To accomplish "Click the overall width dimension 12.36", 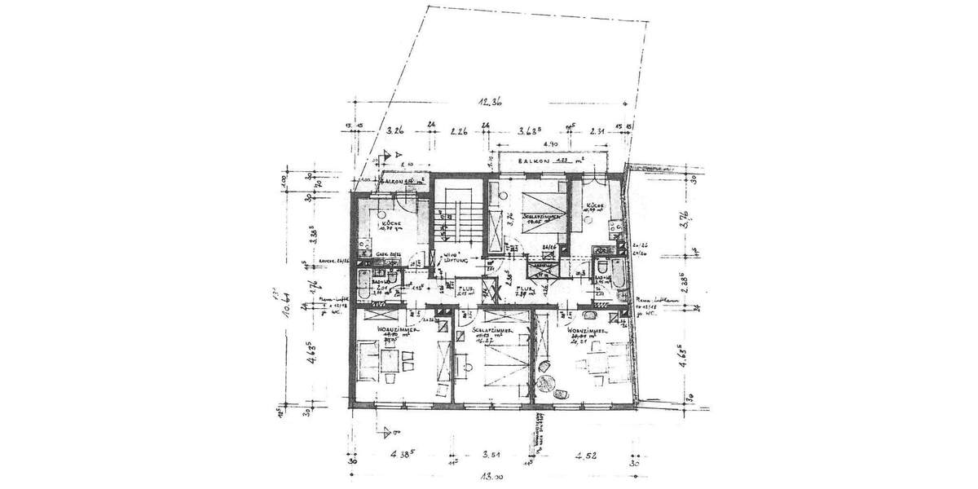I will click(x=491, y=102).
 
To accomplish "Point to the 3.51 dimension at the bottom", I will click(x=491, y=456).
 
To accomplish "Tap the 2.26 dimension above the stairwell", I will click(x=458, y=130).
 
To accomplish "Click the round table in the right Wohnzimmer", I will click(x=559, y=394).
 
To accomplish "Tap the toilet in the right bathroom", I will click(x=601, y=268).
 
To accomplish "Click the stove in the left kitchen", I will click(x=362, y=242).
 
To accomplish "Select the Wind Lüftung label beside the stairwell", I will click(x=452, y=258).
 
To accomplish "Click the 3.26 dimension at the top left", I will click(x=396, y=130).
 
